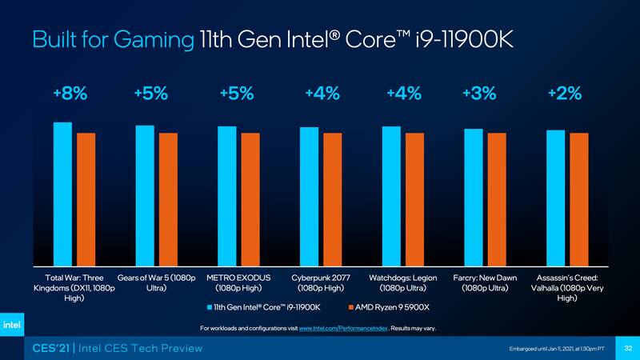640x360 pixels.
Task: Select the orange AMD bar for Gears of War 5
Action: [168, 199]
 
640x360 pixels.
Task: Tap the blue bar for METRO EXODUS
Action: [227, 196]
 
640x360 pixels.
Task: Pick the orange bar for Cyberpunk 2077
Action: [332, 199]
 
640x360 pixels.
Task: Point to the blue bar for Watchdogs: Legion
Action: [391, 196]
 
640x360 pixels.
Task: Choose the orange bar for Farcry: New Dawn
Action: [497, 199]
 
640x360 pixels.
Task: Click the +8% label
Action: [70, 94]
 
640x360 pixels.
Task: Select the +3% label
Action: [478, 94]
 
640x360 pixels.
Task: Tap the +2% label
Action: [564, 94]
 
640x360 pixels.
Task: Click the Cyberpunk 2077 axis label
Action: [321, 282]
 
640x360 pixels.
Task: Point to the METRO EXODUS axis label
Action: [238, 282]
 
